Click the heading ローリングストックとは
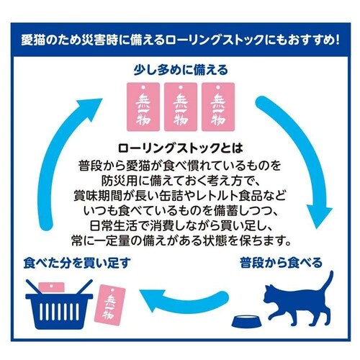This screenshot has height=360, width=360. tap(180, 148)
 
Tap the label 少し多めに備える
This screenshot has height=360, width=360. tap(181, 70)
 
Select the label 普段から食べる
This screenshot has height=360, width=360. tap(281, 263)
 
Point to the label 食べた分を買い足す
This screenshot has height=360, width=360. tap(77, 263)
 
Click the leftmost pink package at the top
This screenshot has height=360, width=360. tap(143, 107)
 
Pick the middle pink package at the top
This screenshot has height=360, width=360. tap(181, 107)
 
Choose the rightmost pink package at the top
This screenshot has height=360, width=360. tap(218, 107)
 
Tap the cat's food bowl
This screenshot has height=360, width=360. tap(247, 321)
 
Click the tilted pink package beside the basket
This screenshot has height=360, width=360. tap(112, 305)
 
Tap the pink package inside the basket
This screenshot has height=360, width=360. tap(51, 287)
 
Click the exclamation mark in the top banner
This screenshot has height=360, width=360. tap(337, 40)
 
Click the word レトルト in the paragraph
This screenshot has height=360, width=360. tap(215, 196)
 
